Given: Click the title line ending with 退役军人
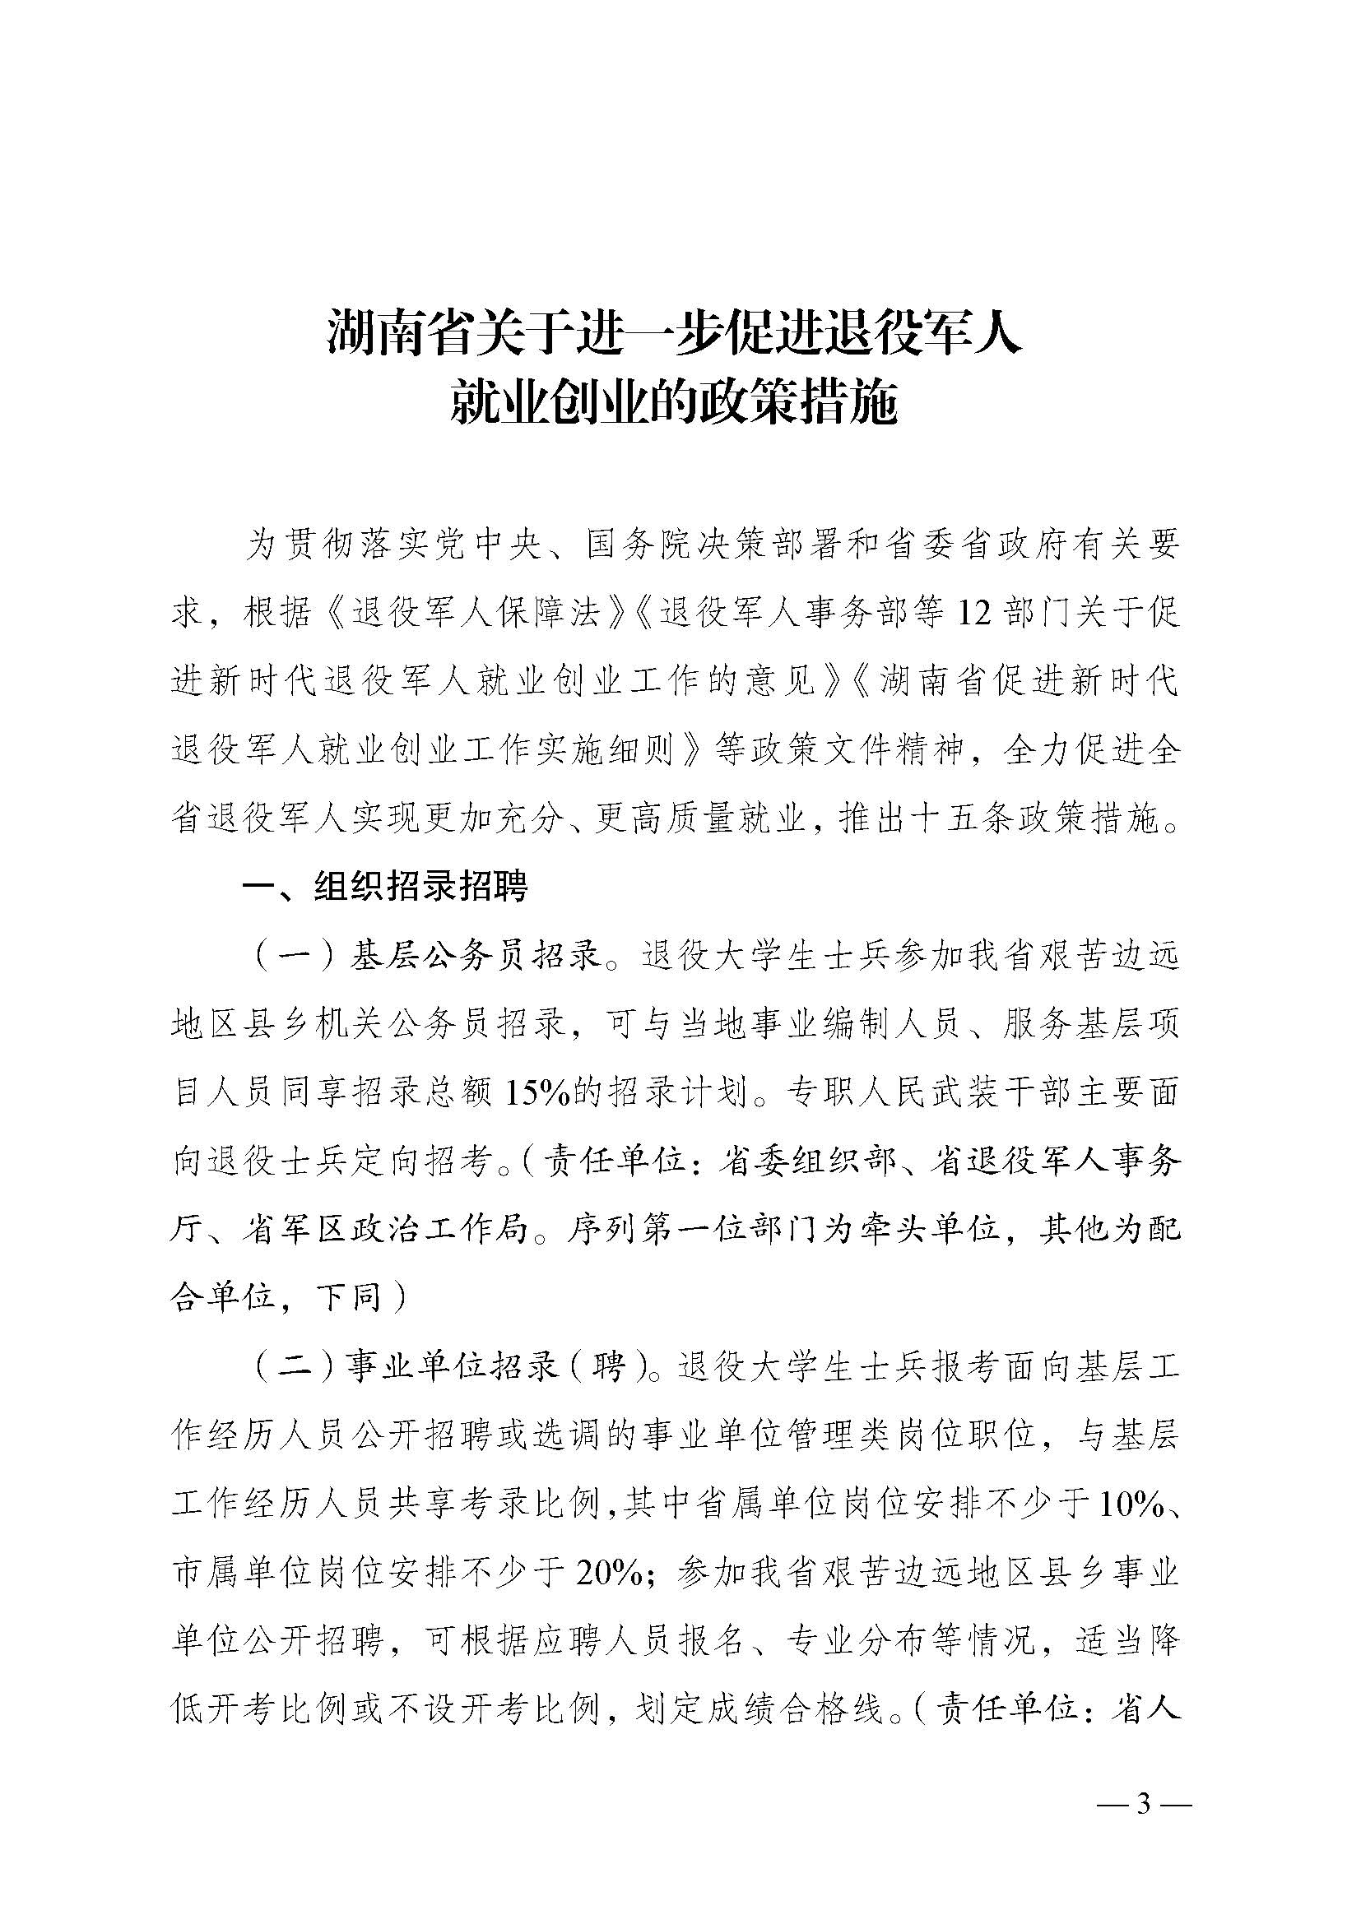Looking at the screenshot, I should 675,332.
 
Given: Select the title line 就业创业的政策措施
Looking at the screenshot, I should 675,404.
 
